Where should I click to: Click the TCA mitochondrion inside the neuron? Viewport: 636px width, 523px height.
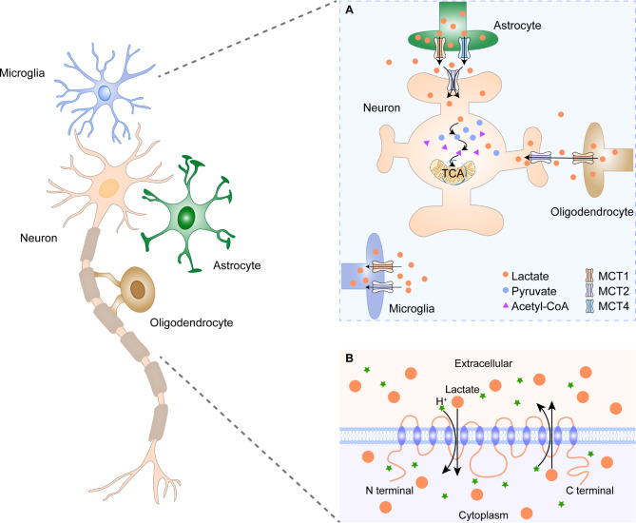point(453,172)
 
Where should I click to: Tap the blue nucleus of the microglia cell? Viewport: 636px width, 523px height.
point(105,93)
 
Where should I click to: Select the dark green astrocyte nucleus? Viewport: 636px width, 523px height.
point(186,218)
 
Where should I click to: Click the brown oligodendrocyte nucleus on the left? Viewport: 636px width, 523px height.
point(138,289)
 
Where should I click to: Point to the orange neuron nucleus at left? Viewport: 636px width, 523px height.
point(109,188)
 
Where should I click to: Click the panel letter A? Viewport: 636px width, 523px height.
point(349,10)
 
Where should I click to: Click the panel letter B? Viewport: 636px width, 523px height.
point(349,358)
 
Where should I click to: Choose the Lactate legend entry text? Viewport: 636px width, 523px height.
point(530,277)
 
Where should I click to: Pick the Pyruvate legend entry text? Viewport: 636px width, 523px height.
point(533,291)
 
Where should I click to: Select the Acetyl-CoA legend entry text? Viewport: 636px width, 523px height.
point(540,306)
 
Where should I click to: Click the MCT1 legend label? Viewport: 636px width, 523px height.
point(613,277)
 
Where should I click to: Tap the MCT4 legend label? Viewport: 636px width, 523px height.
point(613,306)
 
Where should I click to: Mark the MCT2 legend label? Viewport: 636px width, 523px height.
point(613,291)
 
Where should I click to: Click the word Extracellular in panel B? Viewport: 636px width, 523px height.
point(483,363)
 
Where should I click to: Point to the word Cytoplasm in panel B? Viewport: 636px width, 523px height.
point(483,515)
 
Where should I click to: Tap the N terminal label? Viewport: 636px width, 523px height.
point(390,491)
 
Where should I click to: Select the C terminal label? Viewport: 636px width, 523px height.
point(589,491)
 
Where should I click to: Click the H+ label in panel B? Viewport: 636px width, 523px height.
point(441,401)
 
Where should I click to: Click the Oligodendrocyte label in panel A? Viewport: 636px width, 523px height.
point(591,212)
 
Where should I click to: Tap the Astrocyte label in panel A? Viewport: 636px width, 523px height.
point(517,26)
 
